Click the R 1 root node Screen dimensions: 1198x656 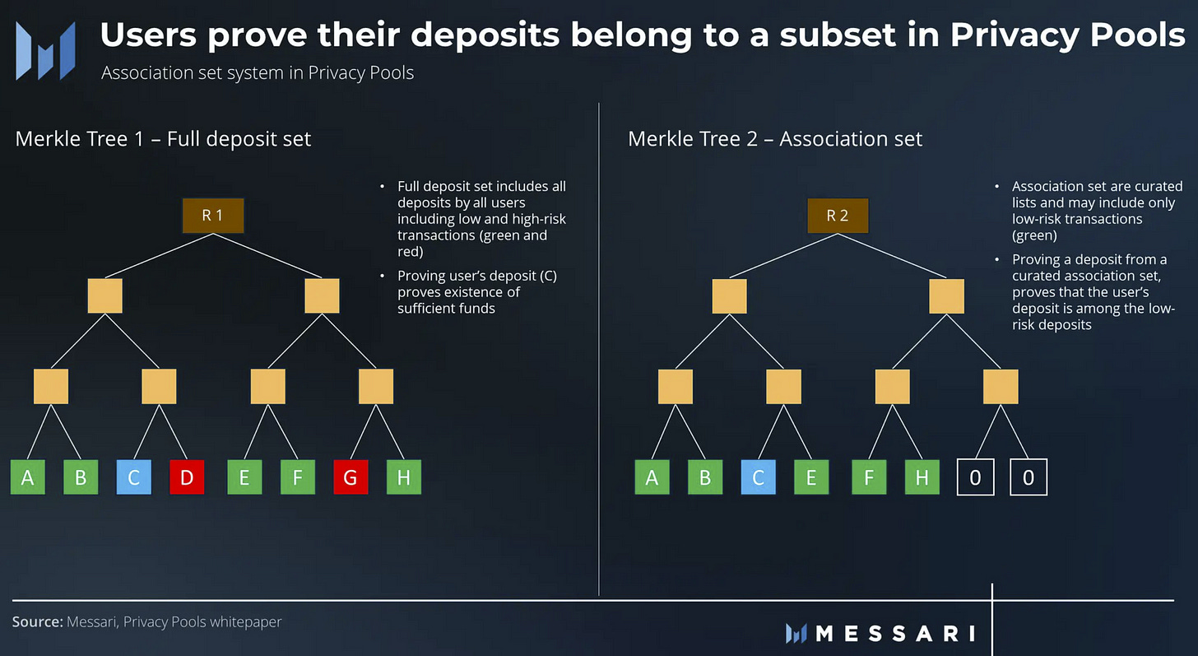(x=212, y=216)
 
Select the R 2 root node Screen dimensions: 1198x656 (x=837, y=216)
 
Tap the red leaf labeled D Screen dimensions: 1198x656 (x=187, y=478)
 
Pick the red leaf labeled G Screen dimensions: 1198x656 (x=351, y=478)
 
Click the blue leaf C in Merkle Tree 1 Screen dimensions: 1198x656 (x=133, y=478)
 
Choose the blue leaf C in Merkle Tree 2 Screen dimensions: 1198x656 (x=758, y=478)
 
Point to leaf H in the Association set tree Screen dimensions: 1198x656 (x=922, y=478)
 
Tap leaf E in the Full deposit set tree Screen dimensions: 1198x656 (x=244, y=478)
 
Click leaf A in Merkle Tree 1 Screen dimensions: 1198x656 (x=27, y=478)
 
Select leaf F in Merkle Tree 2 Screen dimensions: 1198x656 (x=869, y=478)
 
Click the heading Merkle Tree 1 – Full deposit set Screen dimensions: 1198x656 (x=163, y=138)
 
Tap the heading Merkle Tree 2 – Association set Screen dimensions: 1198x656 (x=775, y=138)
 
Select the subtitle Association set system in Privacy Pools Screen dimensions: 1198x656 (x=258, y=72)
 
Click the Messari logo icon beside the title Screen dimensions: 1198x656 (x=46, y=49)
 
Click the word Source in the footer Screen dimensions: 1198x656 (x=37, y=621)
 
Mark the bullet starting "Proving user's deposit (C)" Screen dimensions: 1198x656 (x=477, y=292)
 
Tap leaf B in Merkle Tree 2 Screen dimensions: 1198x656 (x=704, y=478)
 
